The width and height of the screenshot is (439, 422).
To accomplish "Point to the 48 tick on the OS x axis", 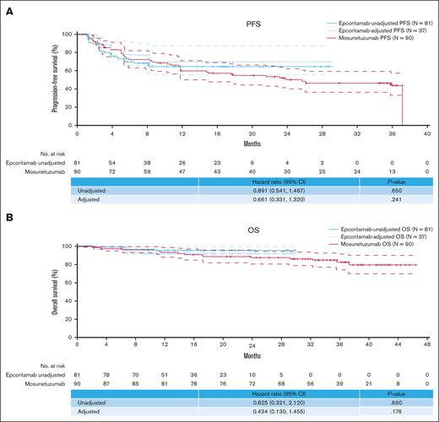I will [428, 323].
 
